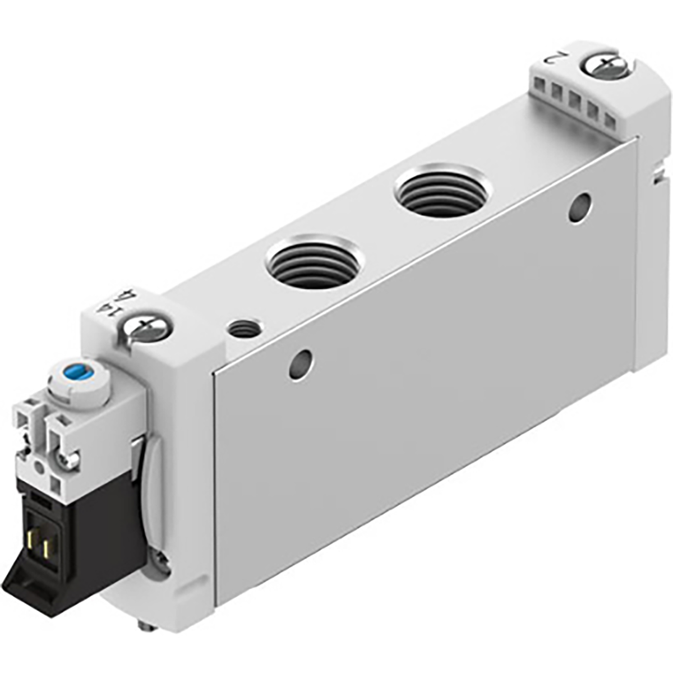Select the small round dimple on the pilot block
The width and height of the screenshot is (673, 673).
38,467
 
